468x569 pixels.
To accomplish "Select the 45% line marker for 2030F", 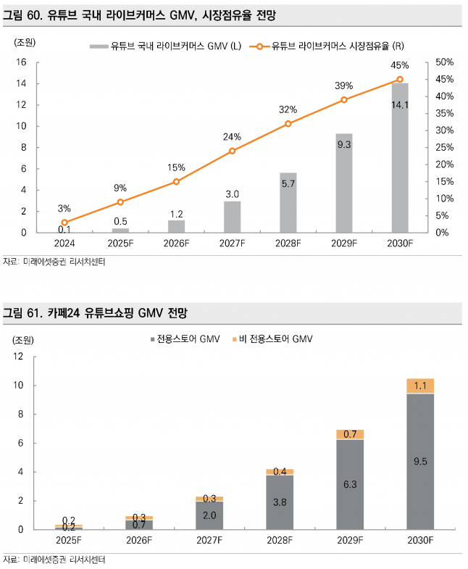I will coord(400,80).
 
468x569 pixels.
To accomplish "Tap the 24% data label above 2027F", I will coord(232,137).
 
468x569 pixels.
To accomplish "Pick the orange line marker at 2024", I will coord(64,223).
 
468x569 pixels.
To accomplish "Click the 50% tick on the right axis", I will coord(444,62).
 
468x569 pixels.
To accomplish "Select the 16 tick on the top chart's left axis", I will coord(22,62).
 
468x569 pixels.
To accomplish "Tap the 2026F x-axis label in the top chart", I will coord(176,244).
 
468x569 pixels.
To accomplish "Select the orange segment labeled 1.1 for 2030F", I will coord(420,386).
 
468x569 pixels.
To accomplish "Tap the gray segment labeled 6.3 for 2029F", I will coord(350,484).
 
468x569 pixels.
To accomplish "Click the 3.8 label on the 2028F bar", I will coord(280,501).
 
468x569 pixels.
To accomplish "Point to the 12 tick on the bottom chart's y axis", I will coord(19,357).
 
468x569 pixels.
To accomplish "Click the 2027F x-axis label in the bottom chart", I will coord(209,541).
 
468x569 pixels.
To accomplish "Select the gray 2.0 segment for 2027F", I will coord(209,515).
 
